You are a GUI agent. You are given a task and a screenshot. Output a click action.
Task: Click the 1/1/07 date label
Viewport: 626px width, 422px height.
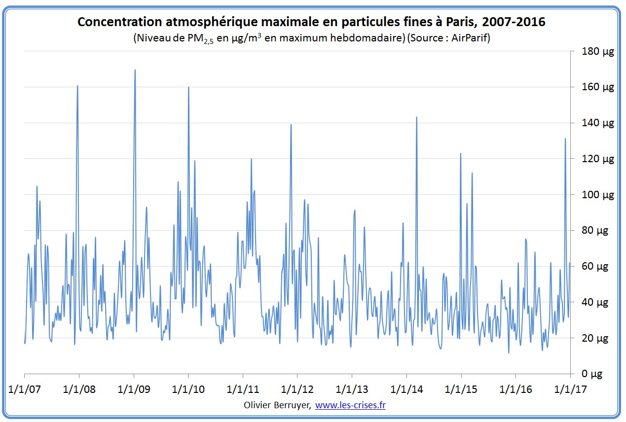click(x=25, y=389)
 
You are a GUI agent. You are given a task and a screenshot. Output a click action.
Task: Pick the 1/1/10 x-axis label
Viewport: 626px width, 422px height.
click(x=188, y=389)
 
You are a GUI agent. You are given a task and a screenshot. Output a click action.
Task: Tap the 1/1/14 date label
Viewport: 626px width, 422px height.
click(x=406, y=389)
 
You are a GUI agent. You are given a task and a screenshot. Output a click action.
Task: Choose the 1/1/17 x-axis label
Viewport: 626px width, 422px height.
click(x=570, y=389)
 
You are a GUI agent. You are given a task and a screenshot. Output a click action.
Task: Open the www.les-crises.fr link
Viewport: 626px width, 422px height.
click(x=350, y=405)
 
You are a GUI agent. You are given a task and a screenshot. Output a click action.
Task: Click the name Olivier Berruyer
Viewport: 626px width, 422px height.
click(x=277, y=405)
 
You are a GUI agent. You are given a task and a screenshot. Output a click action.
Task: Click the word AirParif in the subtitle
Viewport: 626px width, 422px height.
click(x=468, y=38)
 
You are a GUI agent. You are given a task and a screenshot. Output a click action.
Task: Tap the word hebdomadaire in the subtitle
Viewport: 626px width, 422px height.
click(x=371, y=38)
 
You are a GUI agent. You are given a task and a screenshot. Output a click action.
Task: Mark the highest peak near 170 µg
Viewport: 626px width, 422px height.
click(x=135, y=70)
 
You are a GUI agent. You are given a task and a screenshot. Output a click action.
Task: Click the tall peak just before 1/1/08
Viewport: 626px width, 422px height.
click(x=77, y=86)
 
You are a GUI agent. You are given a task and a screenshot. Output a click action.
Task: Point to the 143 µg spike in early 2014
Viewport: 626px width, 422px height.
click(x=417, y=117)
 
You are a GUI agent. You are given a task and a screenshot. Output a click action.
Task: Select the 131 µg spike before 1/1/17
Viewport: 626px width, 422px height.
click(x=565, y=139)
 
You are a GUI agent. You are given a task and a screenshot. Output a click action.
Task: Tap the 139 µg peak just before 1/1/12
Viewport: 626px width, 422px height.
click(x=291, y=125)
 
